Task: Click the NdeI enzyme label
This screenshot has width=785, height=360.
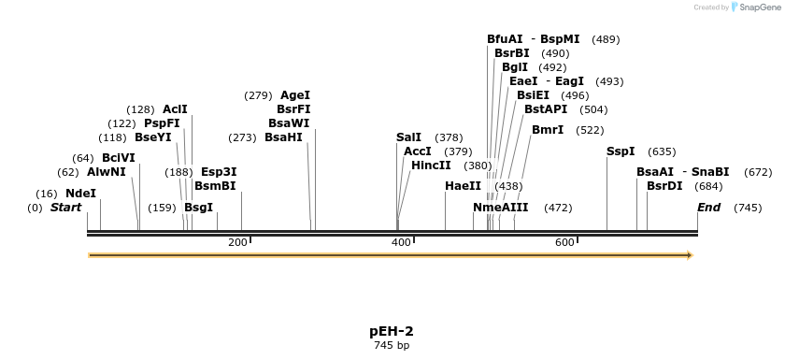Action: [x=80, y=194]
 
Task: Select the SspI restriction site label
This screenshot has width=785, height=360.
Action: [x=621, y=151]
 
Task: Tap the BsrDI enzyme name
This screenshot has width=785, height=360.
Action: [x=664, y=186]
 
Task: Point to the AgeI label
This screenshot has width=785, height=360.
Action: [x=295, y=95]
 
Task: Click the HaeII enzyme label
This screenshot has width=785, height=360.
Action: [x=463, y=186]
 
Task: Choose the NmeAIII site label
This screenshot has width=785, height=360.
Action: [x=500, y=208]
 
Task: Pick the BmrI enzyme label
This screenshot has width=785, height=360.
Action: [x=548, y=130]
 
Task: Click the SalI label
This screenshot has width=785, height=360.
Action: [x=408, y=137]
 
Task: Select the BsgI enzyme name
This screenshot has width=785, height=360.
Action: [x=198, y=208]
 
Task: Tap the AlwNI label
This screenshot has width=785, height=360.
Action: [x=106, y=172]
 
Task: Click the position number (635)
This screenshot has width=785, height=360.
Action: [x=662, y=151]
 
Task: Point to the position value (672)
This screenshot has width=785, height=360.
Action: [x=758, y=172]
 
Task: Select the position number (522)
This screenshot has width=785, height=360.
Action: [x=590, y=130]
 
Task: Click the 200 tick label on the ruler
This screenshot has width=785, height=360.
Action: [x=237, y=242]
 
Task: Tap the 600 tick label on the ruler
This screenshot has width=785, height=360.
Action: [x=564, y=242]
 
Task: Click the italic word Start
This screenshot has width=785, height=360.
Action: [x=65, y=208]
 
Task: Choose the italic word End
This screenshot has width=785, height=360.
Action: [x=708, y=208]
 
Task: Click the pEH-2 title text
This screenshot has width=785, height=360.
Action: [x=392, y=331]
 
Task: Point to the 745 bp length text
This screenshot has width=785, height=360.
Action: [x=392, y=346]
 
